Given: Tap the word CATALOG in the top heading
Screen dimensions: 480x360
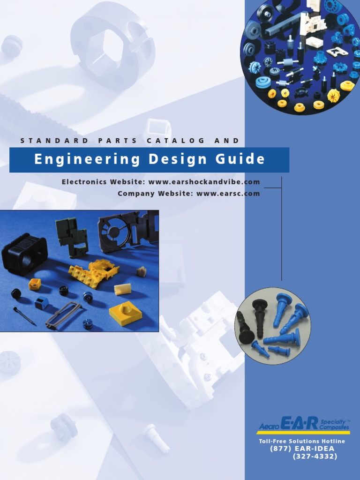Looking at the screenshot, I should click(176, 141).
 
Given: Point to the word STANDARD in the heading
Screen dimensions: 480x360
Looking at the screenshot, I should click(54, 141).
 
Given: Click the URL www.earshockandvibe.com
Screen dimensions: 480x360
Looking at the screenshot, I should click(204, 182).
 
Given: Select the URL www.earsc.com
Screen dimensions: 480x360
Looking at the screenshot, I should click(228, 193).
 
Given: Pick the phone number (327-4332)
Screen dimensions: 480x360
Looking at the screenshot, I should click(315, 456).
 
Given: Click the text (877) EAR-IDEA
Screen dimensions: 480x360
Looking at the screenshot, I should click(302, 449).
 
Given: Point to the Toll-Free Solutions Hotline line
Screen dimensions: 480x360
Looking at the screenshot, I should click(302, 441).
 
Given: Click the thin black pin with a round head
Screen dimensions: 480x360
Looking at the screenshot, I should click(24, 315).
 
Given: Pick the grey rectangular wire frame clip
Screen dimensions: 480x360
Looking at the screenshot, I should click(63, 315).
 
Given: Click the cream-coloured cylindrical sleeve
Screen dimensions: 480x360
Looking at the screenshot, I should click(122, 289).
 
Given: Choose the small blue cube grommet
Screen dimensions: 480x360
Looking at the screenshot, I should click(41, 303).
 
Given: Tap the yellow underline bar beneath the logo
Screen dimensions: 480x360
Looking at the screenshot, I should click(303, 432).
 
